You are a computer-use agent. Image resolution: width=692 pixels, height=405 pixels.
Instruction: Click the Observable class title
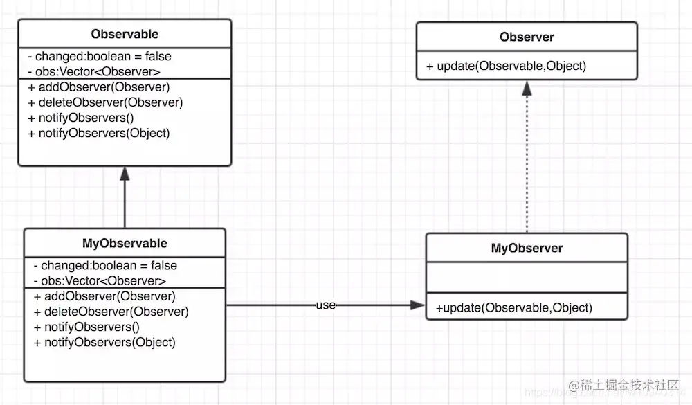125,34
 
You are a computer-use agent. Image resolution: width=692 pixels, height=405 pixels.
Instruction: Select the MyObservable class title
125,244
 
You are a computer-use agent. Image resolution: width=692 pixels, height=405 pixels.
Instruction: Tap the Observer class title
527,37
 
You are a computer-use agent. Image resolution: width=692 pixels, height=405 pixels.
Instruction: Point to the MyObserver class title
527,249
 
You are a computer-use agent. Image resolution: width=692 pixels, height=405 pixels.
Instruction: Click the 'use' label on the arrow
326,305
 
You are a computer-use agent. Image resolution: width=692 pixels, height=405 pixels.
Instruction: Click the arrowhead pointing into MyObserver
417,305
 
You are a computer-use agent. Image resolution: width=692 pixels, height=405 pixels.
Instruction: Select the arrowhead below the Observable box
125,174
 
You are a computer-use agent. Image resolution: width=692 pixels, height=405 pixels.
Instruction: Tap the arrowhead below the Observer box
527,89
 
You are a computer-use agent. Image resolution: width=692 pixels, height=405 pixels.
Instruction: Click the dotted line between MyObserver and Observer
527,164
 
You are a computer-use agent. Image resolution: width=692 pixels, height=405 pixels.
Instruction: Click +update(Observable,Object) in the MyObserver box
514,308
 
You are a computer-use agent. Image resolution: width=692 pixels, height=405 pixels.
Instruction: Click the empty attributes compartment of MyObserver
527,278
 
